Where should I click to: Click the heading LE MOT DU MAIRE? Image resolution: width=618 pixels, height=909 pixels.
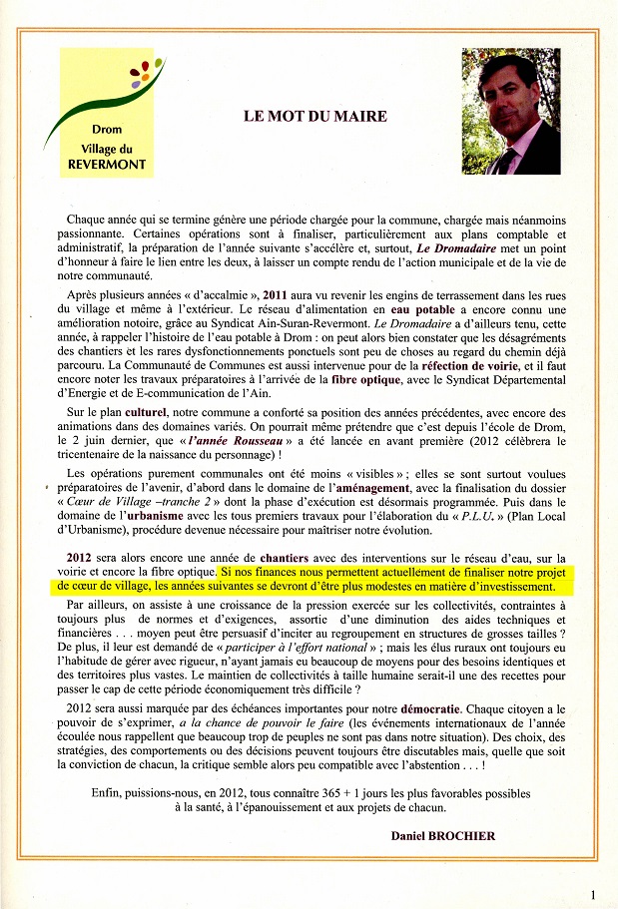[314, 116]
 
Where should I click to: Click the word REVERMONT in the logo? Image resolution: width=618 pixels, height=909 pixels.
[107, 165]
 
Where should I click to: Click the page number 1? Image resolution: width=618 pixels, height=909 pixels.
[593, 895]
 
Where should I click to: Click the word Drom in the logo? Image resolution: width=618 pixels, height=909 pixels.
[107, 130]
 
